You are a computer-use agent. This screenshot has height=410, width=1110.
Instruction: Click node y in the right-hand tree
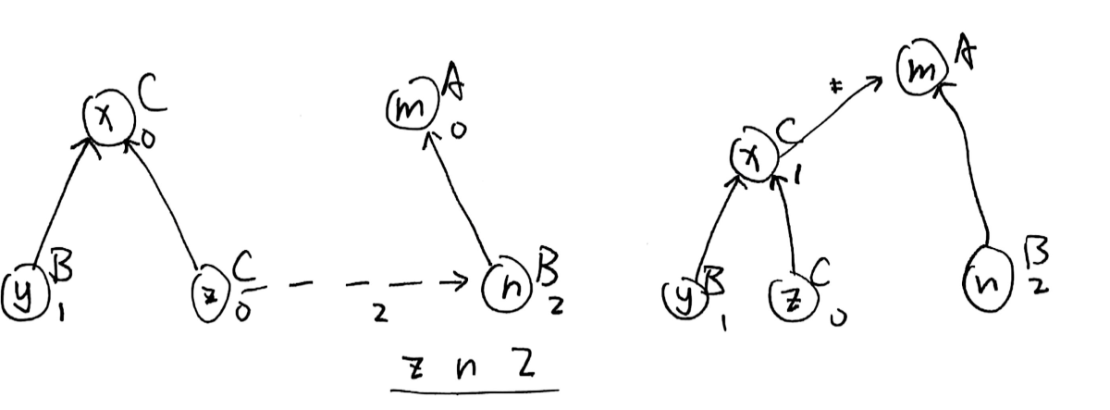(x=685, y=294)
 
